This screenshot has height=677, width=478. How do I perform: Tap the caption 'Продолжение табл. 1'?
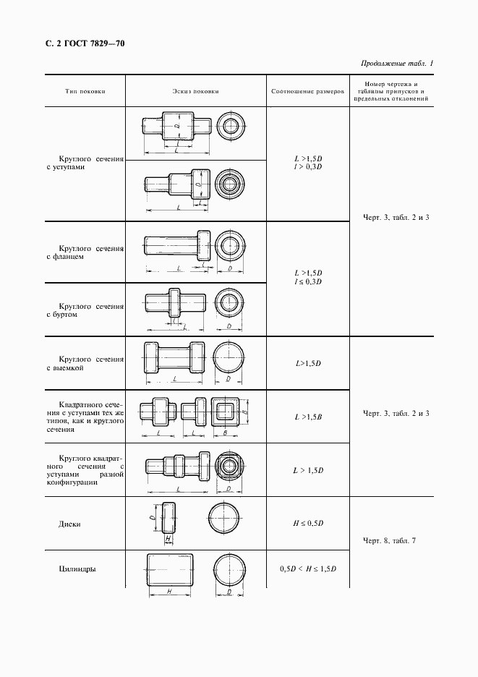[x=397, y=64]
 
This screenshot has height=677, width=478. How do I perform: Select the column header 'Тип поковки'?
[x=85, y=92]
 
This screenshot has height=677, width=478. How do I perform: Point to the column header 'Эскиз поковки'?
[x=195, y=92]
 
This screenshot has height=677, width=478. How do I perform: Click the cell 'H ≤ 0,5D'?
[x=308, y=522]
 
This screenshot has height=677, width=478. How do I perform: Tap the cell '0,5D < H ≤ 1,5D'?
[x=308, y=569]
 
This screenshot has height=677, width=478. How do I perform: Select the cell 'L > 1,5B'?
[x=308, y=417]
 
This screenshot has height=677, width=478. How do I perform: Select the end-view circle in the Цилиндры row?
[x=231, y=571]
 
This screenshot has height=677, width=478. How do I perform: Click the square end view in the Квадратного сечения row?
[x=226, y=413]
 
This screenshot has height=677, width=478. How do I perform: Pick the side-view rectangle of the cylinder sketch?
[x=171, y=570]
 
